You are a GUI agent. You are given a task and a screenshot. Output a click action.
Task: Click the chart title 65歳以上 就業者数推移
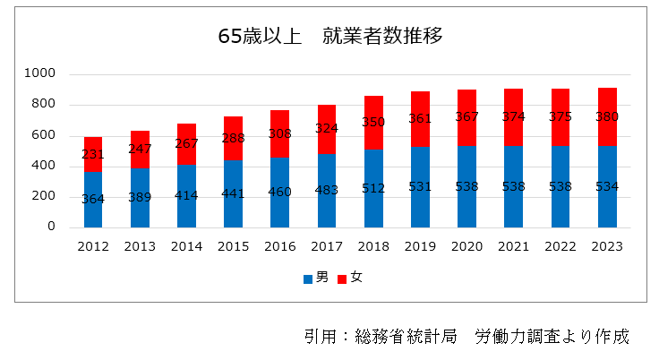pyautogui.click(x=330, y=37)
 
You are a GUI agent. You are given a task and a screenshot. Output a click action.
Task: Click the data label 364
pyautogui.click(x=93, y=199)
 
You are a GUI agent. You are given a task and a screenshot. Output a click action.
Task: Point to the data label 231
pyautogui.click(x=93, y=154)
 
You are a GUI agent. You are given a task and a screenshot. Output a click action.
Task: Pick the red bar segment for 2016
pyautogui.click(x=280, y=124)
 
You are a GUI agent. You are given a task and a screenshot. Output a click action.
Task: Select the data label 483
pyautogui.click(x=327, y=190)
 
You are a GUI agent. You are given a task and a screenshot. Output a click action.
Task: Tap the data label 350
pyautogui.click(x=373, y=122)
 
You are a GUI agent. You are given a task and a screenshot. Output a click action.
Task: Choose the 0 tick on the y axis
pyautogui.click(x=51, y=227)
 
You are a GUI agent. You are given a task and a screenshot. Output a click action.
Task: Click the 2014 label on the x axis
pyautogui.click(x=186, y=245)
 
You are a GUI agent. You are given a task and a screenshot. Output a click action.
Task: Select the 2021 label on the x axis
pyautogui.click(x=513, y=245)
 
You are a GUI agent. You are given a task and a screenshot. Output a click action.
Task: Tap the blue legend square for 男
pyautogui.click(x=308, y=279)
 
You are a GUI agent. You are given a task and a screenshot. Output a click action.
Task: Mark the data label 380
pyautogui.click(x=607, y=116)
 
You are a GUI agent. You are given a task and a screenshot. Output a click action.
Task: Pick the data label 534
pyautogui.click(x=607, y=186)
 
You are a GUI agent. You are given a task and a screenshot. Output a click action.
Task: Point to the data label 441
pyautogui.click(x=233, y=193)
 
